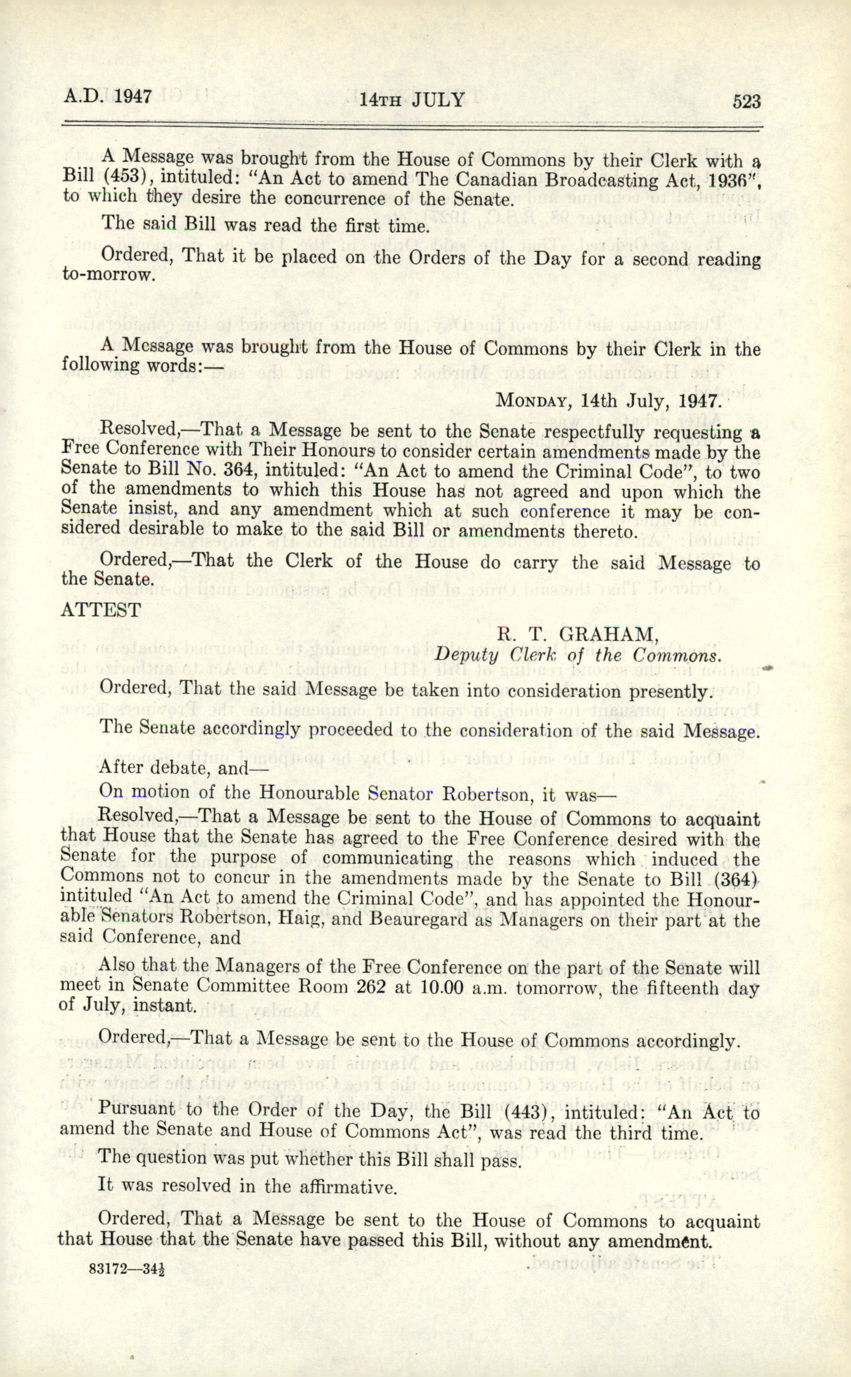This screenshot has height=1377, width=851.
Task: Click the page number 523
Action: (x=746, y=101)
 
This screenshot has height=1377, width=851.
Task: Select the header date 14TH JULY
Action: (x=412, y=100)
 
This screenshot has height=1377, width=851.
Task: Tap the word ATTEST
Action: (x=101, y=611)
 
